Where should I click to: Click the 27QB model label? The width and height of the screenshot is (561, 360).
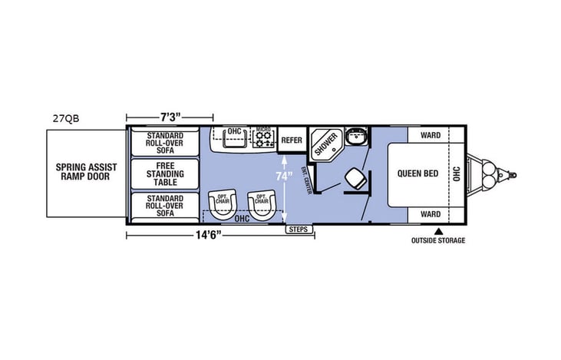click(x=68, y=118)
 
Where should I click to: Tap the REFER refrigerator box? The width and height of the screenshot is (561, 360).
click(x=292, y=140)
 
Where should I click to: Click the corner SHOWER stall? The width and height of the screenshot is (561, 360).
click(x=325, y=144)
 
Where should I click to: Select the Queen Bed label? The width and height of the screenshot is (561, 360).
click(x=417, y=173)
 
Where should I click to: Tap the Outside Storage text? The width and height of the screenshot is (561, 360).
click(x=438, y=240)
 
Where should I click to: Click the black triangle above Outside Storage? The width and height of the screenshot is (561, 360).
click(x=438, y=230)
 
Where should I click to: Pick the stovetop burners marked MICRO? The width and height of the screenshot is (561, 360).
click(x=264, y=139)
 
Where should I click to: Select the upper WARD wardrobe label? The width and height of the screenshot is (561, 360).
click(x=430, y=135)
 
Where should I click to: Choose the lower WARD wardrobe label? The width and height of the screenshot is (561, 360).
click(x=430, y=213)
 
